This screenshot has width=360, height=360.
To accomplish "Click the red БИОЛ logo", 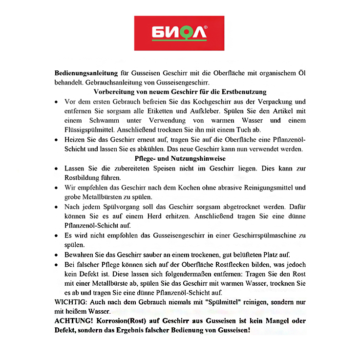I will (179, 33).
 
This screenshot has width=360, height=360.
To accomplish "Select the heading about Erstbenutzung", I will (179, 92).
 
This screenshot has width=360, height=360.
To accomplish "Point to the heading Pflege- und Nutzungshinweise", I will (179, 158).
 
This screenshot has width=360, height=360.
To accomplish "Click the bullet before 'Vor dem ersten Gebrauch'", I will (57, 102).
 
